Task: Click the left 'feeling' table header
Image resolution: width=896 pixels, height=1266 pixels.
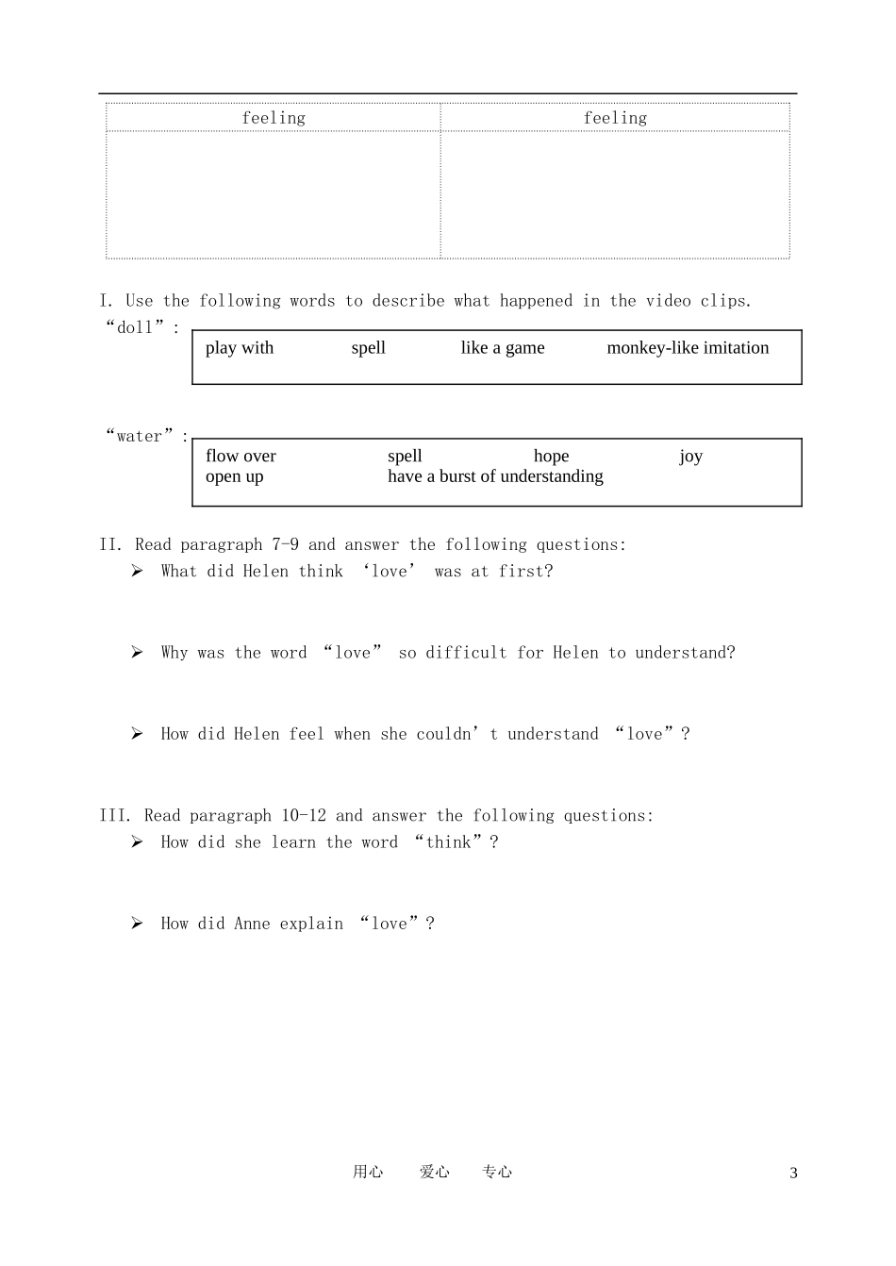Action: pyautogui.click(x=274, y=118)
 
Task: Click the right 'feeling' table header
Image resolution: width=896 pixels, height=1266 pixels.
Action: pyautogui.click(x=615, y=118)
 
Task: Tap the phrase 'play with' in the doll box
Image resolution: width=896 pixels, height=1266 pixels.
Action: pyautogui.click(x=240, y=348)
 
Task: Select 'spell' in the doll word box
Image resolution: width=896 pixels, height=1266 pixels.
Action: pyautogui.click(x=368, y=348)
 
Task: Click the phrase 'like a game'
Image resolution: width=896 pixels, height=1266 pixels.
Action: pyautogui.click(x=503, y=348)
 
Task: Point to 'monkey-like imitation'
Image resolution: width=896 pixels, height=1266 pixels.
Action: pyautogui.click(x=688, y=348)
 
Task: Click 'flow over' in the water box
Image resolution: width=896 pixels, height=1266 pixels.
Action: pyautogui.click(x=241, y=457)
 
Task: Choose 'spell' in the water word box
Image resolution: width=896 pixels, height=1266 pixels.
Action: pyautogui.click(x=405, y=457)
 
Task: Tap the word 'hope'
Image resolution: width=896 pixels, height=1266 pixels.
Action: pyautogui.click(x=551, y=457)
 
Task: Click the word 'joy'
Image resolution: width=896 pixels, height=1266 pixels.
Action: pyautogui.click(x=690, y=458)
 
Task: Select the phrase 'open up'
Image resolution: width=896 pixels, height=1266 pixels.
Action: pyautogui.click(x=234, y=476)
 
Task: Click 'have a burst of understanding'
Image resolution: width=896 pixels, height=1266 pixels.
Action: pyautogui.click(x=495, y=476)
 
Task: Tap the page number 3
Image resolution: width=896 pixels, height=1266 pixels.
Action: pyautogui.click(x=793, y=1174)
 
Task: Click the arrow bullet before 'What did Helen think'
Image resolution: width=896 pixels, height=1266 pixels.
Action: pyautogui.click(x=138, y=571)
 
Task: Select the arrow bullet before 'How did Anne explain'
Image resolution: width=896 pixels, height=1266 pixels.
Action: pyautogui.click(x=138, y=924)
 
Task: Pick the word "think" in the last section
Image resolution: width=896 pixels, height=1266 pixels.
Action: pyautogui.click(x=448, y=842)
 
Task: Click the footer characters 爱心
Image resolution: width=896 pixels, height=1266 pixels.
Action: pyautogui.click(x=434, y=1172)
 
